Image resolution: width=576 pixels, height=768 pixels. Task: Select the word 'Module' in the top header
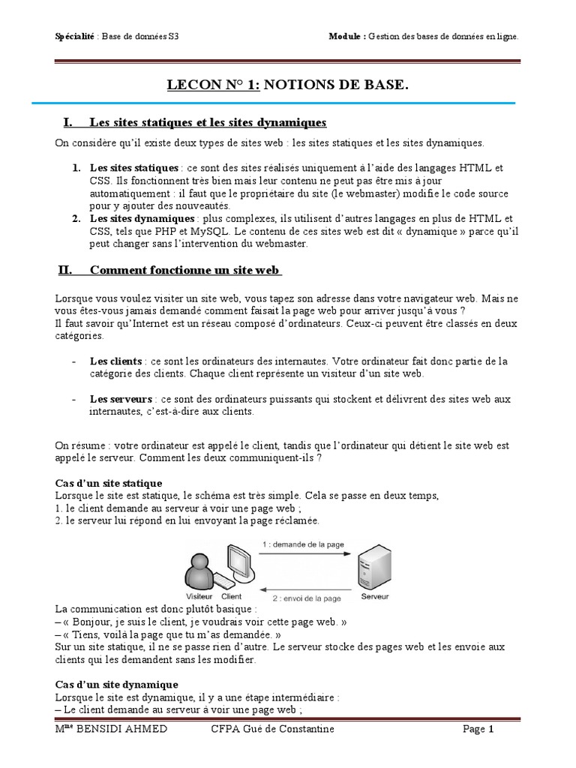346,35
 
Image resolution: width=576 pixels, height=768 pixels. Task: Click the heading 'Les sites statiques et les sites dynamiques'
208,122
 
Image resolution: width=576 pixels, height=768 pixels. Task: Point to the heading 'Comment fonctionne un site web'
184,270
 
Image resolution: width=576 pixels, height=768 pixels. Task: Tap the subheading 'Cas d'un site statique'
109,482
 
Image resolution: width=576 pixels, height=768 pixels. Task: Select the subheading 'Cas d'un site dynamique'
117,684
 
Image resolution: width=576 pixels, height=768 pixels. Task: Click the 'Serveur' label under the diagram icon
374,597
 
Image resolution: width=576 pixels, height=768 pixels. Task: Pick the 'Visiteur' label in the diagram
199,598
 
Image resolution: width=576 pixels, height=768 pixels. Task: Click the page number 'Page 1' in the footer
478,729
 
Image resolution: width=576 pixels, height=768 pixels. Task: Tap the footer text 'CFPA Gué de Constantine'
273,729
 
